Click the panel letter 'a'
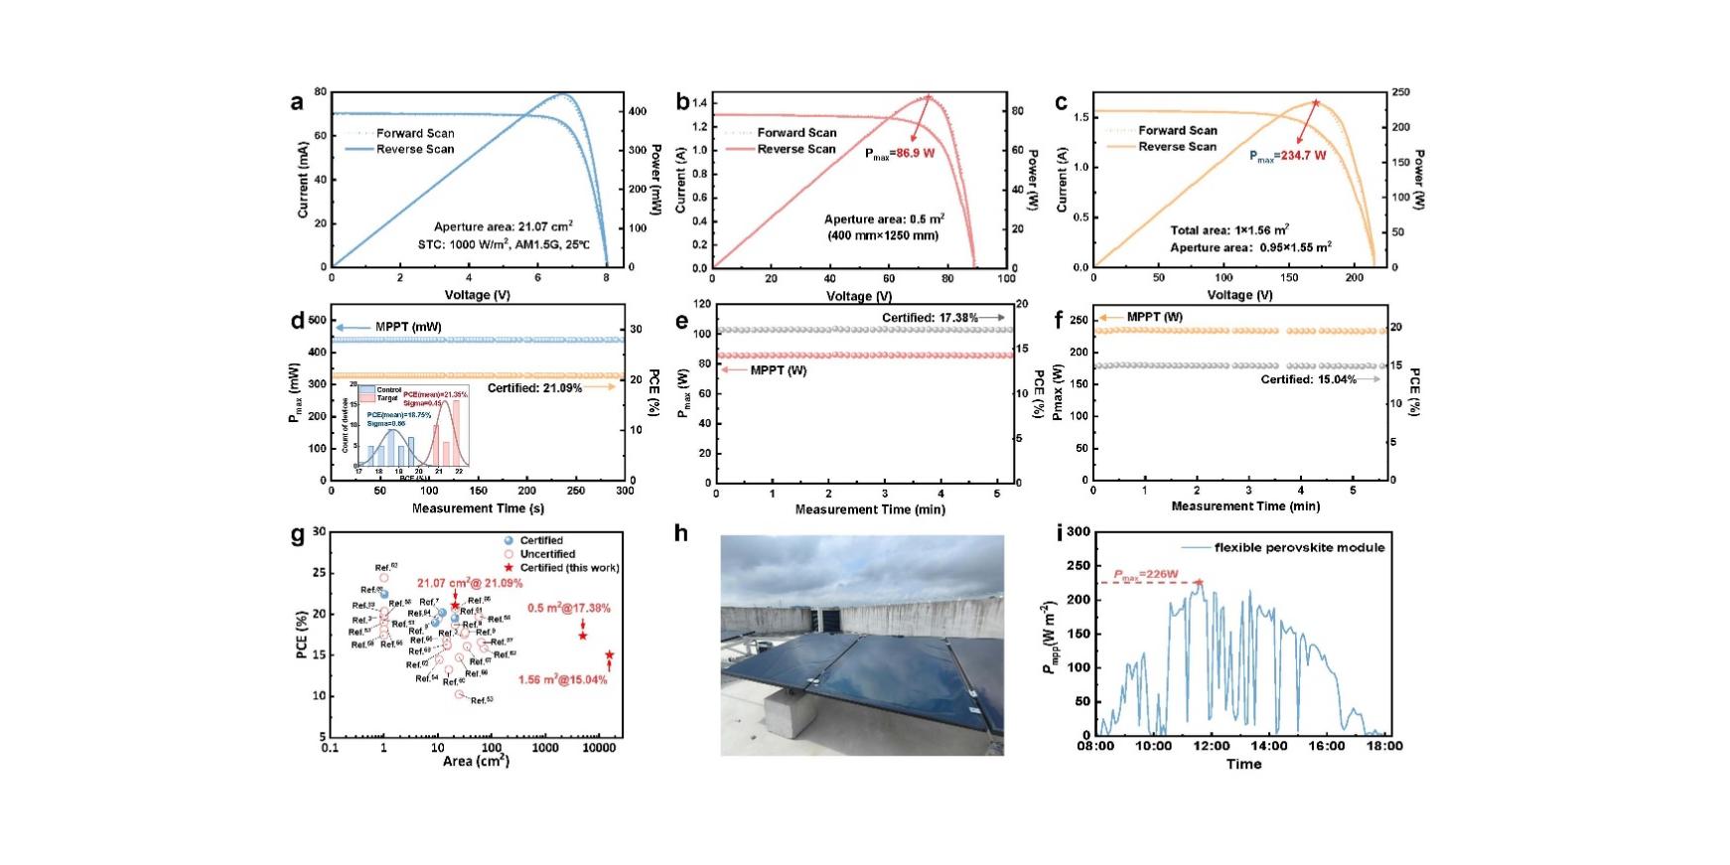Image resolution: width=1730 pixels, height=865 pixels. pyautogui.click(x=297, y=101)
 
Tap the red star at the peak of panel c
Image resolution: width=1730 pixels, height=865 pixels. pyautogui.click(x=1316, y=102)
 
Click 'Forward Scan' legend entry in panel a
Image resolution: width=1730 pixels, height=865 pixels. pyautogui.click(x=415, y=133)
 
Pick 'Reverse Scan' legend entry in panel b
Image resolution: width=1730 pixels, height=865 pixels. pyautogui.click(x=796, y=149)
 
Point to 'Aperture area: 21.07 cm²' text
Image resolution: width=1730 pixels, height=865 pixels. pyautogui.click(x=503, y=226)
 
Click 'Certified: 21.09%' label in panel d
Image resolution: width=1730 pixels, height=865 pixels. pyautogui.click(x=534, y=388)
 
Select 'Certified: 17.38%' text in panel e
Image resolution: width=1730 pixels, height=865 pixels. pyautogui.click(x=930, y=318)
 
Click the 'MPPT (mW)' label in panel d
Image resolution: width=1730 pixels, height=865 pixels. pyautogui.click(x=408, y=327)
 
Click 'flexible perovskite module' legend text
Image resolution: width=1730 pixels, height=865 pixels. pyautogui.click(x=1299, y=547)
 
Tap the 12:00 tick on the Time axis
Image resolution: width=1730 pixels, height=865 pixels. pyautogui.click(x=1212, y=746)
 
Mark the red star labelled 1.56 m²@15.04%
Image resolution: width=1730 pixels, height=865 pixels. pyautogui.click(x=609, y=655)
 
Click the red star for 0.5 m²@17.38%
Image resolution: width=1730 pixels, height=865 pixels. pyautogui.click(x=583, y=636)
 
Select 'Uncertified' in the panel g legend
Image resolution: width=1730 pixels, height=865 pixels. pyautogui.click(x=547, y=554)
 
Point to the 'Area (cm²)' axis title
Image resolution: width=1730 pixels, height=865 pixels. pyautogui.click(x=476, y=762)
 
